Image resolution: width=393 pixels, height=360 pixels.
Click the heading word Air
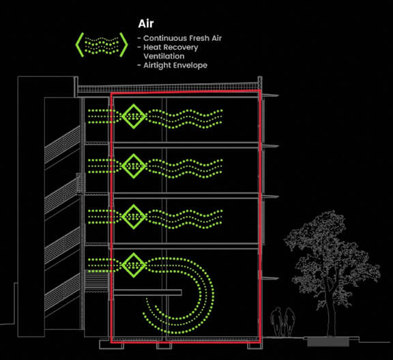tap(145, 24)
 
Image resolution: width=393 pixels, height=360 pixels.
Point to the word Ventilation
tap(164, 56)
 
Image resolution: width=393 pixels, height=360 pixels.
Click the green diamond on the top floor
tap(134, 116)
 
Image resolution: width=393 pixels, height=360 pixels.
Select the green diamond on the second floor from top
tap(134, 166)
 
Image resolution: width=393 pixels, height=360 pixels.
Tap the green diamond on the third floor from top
tap(134, 216)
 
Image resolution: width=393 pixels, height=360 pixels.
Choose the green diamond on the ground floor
tap(134, 265)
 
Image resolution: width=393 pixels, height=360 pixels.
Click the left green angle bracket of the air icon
tap(79, 44)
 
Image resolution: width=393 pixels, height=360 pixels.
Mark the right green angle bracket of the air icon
tap(123, 44)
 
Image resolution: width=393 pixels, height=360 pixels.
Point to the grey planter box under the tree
tap(328, 342)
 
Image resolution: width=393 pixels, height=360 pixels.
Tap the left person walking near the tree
tap(277, 322)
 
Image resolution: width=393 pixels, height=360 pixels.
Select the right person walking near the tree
tap(289, 322)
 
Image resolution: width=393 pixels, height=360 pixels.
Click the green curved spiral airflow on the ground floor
tap(213, 293)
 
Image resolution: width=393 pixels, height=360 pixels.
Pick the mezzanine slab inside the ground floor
tap(147, 292)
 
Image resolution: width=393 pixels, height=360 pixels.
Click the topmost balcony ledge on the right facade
tap(270, 95)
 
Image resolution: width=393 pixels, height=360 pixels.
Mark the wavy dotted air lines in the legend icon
tap(102, 45)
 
